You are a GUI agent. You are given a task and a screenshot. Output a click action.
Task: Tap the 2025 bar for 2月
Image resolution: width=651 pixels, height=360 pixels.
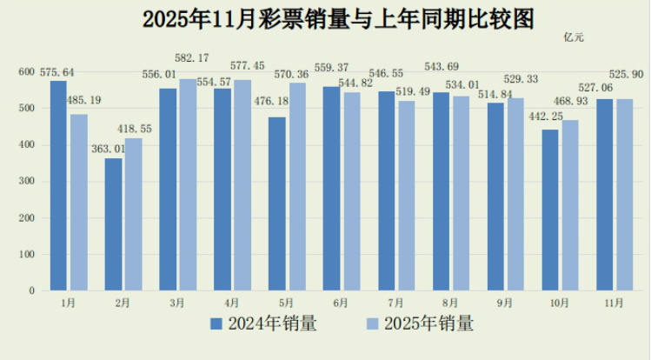(133, 214)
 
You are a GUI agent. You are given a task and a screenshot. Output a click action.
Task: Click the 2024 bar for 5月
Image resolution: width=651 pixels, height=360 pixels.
(277, 203)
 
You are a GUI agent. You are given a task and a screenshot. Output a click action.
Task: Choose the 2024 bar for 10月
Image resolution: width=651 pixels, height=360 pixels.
(550, 210)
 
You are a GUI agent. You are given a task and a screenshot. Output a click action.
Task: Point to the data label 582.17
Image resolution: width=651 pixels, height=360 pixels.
(192, 58)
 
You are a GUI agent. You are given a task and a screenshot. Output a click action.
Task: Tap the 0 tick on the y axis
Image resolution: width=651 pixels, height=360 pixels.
(32, 290)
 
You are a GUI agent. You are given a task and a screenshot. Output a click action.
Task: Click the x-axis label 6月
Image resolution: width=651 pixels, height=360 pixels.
(341, 303)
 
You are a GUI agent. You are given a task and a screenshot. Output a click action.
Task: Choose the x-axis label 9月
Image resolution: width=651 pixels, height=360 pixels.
(504, 303)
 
